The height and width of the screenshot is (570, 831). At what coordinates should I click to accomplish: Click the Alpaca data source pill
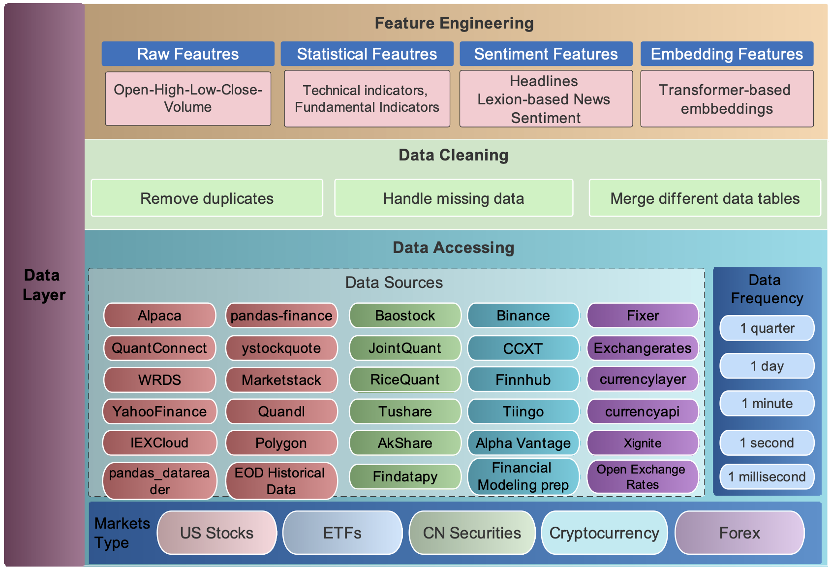click(x=159, y=316)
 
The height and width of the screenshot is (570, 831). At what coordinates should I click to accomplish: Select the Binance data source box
click(x=523, y=316)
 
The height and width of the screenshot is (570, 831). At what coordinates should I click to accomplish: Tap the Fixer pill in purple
click(x=643, y=316)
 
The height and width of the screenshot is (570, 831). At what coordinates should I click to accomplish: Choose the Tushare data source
click(x=405, y=412)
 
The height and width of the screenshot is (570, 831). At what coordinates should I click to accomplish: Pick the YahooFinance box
click(x=159, y=412)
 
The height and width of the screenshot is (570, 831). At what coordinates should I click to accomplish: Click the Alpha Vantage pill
click(x=523, y=443)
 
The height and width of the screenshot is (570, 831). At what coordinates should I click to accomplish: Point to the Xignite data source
click(x=643, y=443)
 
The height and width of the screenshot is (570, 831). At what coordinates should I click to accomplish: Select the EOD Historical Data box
click(x=281, y=481)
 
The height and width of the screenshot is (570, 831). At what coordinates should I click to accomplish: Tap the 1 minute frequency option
click(x=767, y=404)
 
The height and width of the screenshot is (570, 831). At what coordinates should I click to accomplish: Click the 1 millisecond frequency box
click(x=767, y=476)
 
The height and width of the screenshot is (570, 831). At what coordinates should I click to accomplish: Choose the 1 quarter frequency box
click(x=767, y=328)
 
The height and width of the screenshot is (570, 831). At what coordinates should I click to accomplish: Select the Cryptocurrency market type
click(x=604, y=533)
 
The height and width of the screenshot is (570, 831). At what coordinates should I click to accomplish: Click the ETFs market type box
click(x=342, y=533)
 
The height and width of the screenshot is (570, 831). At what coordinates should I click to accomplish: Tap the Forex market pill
click(x=739, y=533)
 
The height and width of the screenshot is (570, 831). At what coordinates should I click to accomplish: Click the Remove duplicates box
click(x=207, y=198)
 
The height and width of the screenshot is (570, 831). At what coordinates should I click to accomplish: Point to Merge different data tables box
click(x=705, y=198)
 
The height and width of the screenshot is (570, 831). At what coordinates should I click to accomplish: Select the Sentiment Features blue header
click(x=546, y=54)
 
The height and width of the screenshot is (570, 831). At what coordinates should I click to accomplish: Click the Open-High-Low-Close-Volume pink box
click(x=188, y=98)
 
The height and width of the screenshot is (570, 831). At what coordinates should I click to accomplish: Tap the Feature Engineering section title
click(x=454, y=23)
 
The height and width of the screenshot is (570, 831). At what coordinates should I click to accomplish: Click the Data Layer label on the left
click(x=43, y=285)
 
